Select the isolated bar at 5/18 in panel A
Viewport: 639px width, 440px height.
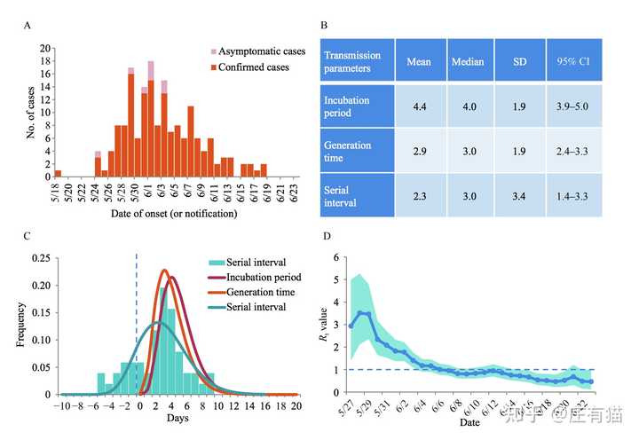(x=59, y=174)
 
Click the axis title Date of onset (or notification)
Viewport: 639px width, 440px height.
(x=173, y=215)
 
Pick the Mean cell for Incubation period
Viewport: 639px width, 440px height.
(x=419, y=106)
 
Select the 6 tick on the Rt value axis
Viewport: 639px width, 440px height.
(x=335, y=257)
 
